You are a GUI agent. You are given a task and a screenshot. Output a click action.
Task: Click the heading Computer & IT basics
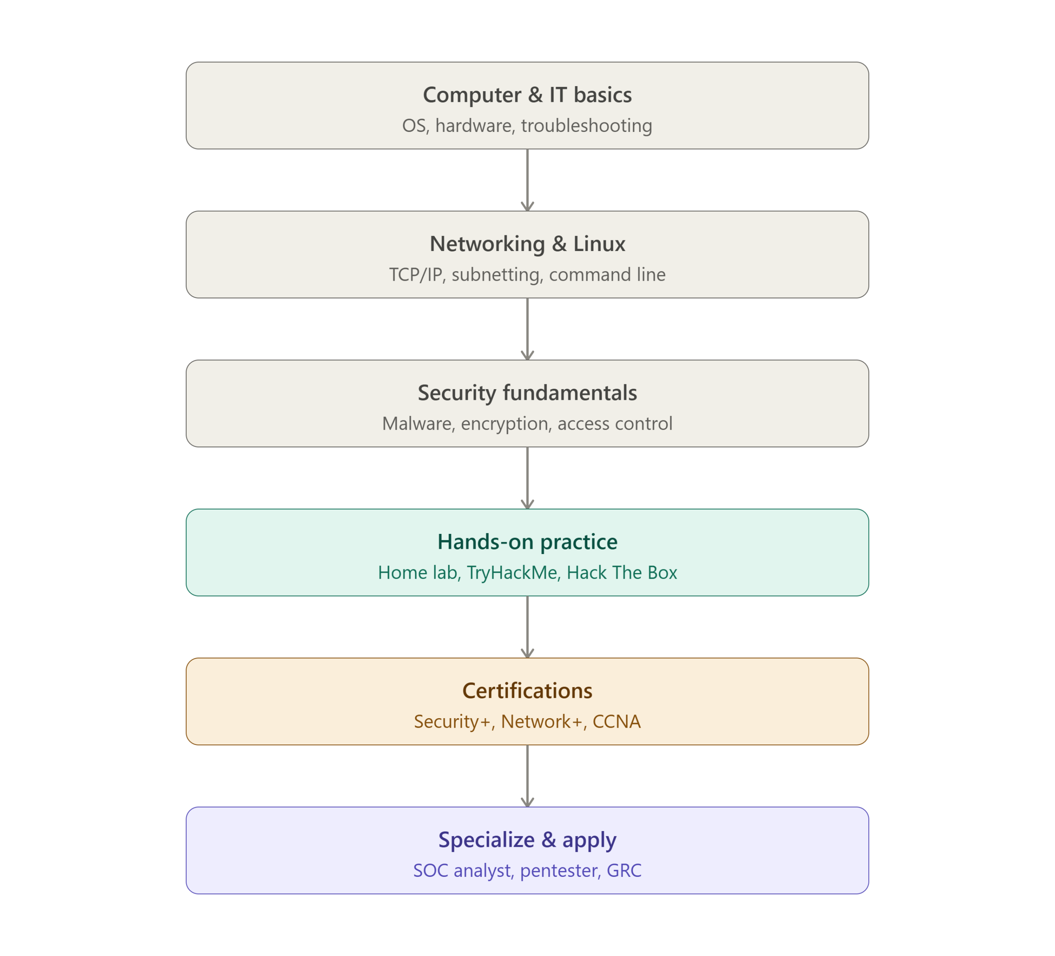[x=527, y=95]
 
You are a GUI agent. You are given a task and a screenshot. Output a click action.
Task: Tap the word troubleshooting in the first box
[x=586, y=126]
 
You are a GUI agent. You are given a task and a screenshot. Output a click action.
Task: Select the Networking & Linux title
[x=527, y=244]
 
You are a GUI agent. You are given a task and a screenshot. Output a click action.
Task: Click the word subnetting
[x=496, y=275]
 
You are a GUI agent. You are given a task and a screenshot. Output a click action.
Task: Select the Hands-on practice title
[x=527, y=542]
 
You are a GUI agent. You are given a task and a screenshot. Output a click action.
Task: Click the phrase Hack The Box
[x=622, y=573]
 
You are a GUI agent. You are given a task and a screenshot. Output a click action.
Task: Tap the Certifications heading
[x=527, y=691]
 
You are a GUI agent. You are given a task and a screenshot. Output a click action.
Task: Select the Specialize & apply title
[x=527, y=840]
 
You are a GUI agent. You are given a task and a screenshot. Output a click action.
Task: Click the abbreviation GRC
[x=624, y=871]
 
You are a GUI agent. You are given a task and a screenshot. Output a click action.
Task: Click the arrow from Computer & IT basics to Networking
[x=527, y=180]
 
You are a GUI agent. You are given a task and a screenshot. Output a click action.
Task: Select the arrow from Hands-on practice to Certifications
[x=527, y=627]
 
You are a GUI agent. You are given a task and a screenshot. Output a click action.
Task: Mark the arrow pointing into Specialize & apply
[x=527, y=776]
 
